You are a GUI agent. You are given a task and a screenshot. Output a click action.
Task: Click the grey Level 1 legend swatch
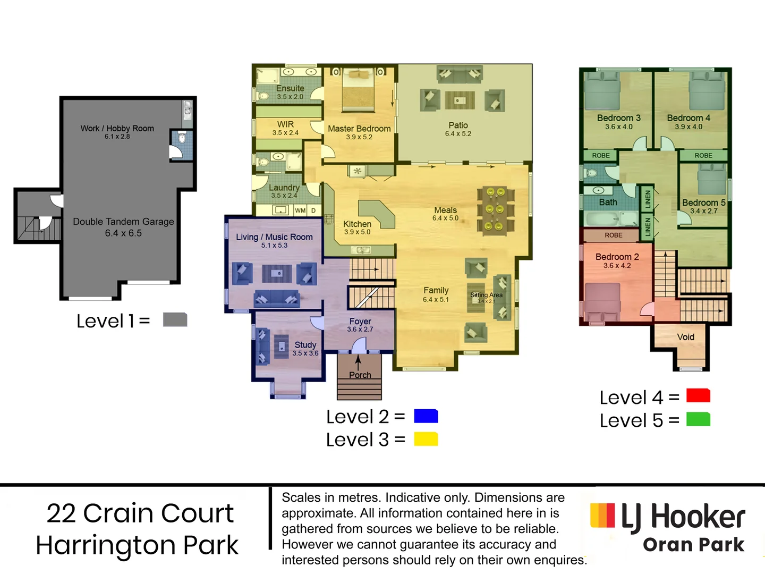tap(175, 319)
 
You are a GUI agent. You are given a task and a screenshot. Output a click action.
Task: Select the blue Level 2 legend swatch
tap(426, 416)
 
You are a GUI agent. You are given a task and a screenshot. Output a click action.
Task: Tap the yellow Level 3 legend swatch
tap(426, 439)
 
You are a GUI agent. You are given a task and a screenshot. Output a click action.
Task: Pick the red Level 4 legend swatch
tap(698, 396)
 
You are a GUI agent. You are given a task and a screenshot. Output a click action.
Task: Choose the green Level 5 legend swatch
tap(698, 419)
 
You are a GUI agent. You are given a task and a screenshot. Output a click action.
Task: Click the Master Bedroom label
tap(359, 129)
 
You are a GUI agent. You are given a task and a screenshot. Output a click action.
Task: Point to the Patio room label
tap(458, 125)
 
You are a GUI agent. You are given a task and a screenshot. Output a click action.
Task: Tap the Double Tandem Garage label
tap(123, 222)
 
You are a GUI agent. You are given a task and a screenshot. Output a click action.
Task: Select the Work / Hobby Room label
tap(117, 129)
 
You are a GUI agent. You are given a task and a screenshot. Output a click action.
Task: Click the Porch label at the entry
tap(360, 375)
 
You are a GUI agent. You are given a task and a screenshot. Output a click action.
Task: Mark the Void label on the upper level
tap(685, 337)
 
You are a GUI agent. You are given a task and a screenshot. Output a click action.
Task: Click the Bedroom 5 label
tap(703, 202)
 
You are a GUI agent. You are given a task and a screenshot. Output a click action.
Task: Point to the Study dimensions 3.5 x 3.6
tap(305, 353)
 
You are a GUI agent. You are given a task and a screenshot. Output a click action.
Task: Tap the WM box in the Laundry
tap(300, 210)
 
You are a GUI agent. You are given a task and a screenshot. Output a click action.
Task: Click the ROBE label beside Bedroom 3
tap(601, 155)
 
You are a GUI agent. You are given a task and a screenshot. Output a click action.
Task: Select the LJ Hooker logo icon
tap(602, 516)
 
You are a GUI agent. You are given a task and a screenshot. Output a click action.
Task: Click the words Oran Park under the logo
tap(693, 545)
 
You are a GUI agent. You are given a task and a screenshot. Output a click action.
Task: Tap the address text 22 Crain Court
tap(140, 513)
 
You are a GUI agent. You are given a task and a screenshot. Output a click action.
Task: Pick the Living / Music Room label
tap(274, 237)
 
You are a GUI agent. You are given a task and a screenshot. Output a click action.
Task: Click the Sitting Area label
tap(486, 295)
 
